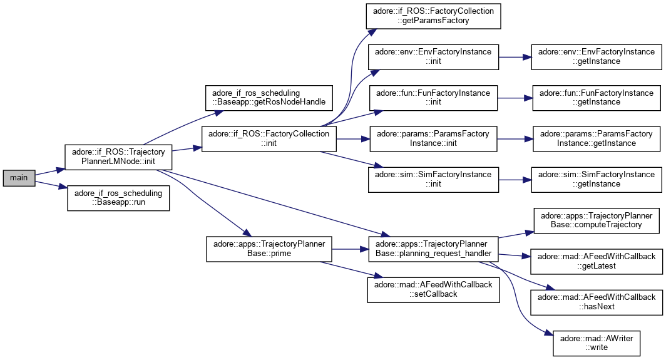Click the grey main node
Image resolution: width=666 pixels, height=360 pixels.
click(x=19, y=178)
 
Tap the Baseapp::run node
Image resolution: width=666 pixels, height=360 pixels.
click(x=119, y=198)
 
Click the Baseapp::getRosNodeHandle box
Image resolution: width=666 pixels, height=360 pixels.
click(x=269, y=97)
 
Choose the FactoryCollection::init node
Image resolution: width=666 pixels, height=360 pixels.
click(x=269, y=138)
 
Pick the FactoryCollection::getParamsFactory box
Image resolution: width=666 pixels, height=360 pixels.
click(x=434, y=15)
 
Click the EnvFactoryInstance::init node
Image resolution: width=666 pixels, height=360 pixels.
click(x=433, y=56)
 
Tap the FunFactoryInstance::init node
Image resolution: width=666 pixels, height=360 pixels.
click(x=433, y=97)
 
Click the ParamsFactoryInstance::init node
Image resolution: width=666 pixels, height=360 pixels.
click(x=433, y=138)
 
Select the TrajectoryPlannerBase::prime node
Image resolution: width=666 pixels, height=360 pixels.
click(x=269, y=249)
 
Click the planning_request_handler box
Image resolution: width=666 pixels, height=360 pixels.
click(x=433, y=249)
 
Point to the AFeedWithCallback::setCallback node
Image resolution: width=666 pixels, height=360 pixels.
click(x=433, y=289)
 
